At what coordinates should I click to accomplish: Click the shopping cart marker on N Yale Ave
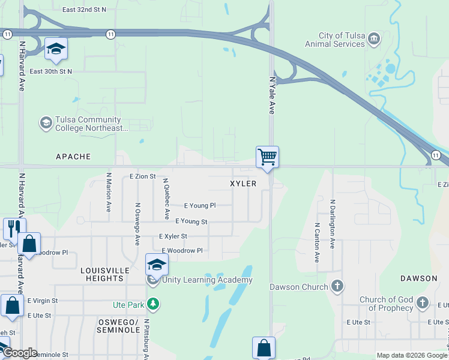tap(267, 157)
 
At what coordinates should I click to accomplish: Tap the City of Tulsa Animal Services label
tap(334, 40)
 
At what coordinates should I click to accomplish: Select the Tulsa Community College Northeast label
tap(91, 124)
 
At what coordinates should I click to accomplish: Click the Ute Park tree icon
tap(154, 305)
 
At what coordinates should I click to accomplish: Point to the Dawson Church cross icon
tap(337, 286)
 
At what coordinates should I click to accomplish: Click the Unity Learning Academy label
tap(207, 280)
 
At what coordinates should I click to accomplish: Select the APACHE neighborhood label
tap(73, 157)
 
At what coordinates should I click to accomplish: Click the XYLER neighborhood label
tap(243, 184)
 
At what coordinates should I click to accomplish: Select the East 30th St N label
tap(50, 71)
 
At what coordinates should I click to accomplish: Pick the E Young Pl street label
tap(199, 206)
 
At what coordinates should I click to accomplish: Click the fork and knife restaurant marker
tap(13, 228)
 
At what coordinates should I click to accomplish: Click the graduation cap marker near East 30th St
tap(56, 49)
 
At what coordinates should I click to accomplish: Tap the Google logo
tap(19, 353)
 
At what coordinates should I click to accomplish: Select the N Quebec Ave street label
tap(166, 199)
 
